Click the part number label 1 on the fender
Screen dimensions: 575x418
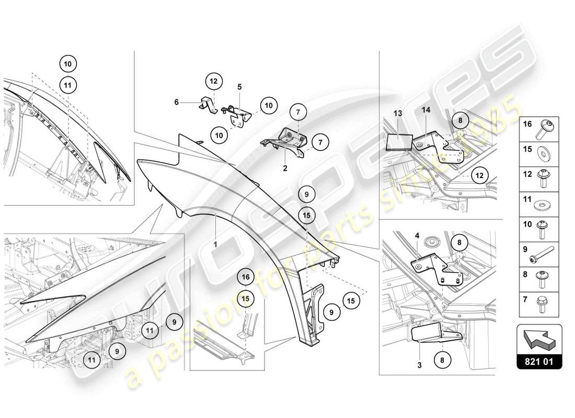[x=215, y=243]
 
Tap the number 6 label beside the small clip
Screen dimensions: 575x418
[x=177, y=103]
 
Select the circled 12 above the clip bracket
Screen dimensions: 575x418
[x=213, y=82]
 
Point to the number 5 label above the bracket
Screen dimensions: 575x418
[x=239, y=87]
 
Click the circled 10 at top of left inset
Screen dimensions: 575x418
[x=68, y=64]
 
